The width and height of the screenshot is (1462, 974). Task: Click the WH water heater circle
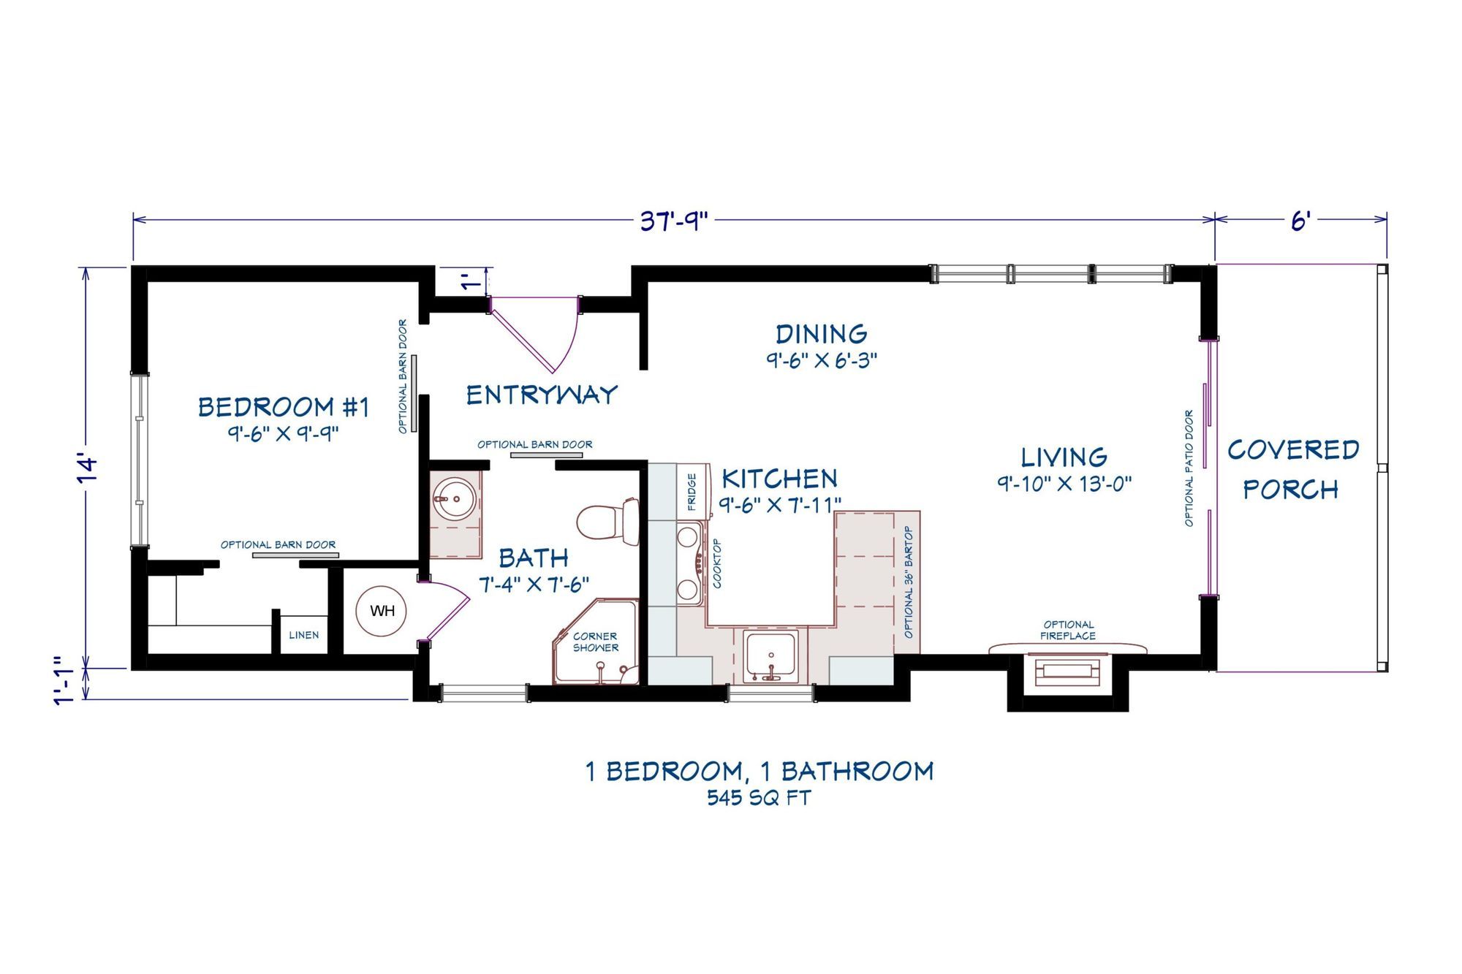point(382,611)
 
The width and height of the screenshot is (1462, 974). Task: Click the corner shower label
point(595,642)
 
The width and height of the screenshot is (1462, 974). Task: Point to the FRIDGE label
point(692,492)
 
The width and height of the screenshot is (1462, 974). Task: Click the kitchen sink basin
point(770,654)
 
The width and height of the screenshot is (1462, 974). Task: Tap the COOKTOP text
point(717,563)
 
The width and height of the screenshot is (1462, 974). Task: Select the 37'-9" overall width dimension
point(674,220)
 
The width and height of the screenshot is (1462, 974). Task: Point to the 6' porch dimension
point(1300,220)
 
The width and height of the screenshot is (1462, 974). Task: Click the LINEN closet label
point(303,635)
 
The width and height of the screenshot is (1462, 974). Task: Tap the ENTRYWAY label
point(542,395)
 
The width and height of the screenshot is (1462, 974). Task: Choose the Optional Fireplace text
point(1068,630)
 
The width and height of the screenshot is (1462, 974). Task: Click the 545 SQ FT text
point(759,797)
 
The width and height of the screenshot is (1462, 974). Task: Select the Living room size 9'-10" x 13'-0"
point(1064,484)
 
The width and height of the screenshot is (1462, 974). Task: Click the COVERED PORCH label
point(1292,469)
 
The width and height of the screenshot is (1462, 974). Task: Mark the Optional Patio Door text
point(1189,468)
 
